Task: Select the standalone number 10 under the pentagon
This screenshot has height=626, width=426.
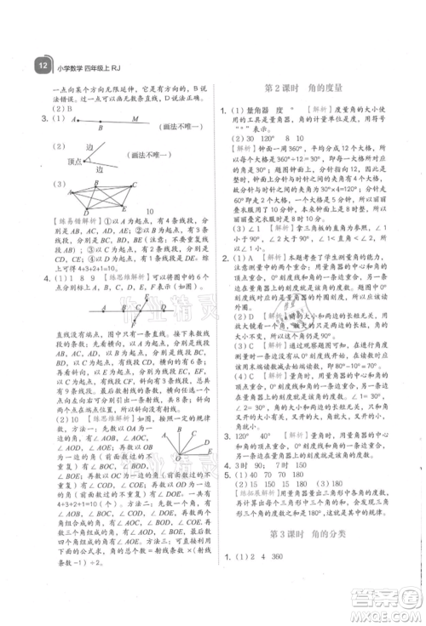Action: [148, 213]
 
